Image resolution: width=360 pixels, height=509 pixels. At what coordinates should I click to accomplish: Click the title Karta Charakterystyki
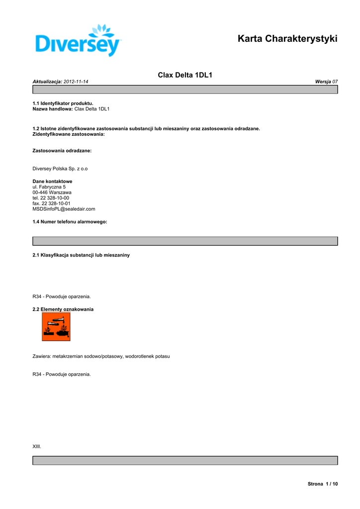pyautogui.click(x=287, y=38)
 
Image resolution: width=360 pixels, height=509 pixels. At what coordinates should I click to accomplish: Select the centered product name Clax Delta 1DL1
pyautogui.click(x=185, y=75)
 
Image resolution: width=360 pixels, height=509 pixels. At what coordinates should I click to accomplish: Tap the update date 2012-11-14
pyautogui.click(x=80, y=81)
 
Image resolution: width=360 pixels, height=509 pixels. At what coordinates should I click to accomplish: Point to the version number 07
pyautogui.click(x=335, y=81)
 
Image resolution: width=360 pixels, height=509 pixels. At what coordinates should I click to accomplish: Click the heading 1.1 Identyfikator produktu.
pyautogui.click(x=63, y=103)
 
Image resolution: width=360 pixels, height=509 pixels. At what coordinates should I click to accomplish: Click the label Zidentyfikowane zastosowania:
pyautogui.click(x=69, y=134)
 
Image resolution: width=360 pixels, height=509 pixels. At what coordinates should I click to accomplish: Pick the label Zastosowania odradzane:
pyautogui.click(x=62, y=150)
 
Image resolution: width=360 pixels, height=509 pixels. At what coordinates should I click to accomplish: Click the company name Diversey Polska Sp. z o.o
pyautogui.click(x=60, y=169)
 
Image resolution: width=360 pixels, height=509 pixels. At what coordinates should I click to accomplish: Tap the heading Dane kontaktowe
pyautogui.click(x=52, y=181)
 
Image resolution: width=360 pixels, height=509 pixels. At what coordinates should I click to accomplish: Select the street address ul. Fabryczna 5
pyautogui.click(x=49, y=187)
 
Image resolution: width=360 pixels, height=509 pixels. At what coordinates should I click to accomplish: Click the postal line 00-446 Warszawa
pyautogui.click(x=52, y=192)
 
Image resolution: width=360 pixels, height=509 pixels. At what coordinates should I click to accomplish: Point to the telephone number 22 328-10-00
pyautogui.click(x=55, y=198)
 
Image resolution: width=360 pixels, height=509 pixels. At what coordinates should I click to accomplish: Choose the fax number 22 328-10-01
pyautogui.click(x=56, y=203)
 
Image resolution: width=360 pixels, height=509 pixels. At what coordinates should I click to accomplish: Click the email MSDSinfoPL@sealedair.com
pyautogui.click(x=64, y=209)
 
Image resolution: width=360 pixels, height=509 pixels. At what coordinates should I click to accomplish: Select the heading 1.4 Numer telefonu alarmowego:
pyautogui.click(x=70, y=222)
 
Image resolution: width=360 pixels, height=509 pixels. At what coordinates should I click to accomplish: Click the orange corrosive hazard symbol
pyautogui.click(x=56, y=327)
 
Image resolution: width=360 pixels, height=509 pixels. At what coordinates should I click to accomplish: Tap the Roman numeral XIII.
pyautogui.click(x=37, y=447)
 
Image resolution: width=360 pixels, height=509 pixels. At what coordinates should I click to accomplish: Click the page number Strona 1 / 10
pyautogui.click(x=323, y=484)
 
